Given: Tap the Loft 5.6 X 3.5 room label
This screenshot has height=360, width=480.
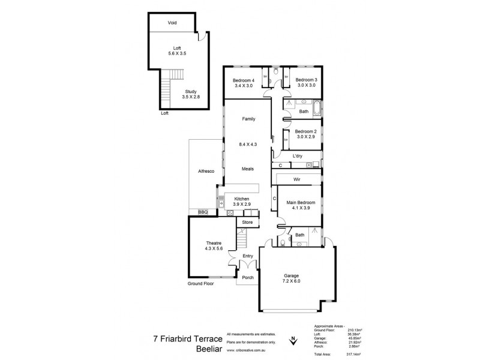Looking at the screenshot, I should (x=177, y=51).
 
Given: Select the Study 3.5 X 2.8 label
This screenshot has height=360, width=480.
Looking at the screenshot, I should (x=190, y=94).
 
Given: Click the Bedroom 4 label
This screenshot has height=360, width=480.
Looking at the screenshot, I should (x=244, y=83).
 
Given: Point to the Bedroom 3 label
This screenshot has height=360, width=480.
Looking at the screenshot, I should (x=306, y=83).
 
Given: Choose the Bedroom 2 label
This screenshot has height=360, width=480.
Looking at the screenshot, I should (x=306, y=134).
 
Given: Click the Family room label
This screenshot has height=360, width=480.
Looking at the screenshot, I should (x=248, y=119).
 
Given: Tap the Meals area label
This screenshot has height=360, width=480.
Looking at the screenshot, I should (x=248, y=169).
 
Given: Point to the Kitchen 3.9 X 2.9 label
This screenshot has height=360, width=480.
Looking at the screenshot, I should (x=241, y=201).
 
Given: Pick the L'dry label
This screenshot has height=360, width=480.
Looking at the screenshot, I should (x=298, y=156).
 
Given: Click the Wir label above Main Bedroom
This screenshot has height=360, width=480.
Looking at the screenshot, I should (x=296, y=179).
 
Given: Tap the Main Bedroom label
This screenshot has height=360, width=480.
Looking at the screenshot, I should (x=299, y=206).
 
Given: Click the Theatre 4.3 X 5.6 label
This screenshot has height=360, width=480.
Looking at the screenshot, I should (x=214, y=245).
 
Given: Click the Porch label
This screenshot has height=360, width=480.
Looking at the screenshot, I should (x=247, y=277).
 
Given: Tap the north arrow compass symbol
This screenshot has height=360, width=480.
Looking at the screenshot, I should (x=293, y=340).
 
